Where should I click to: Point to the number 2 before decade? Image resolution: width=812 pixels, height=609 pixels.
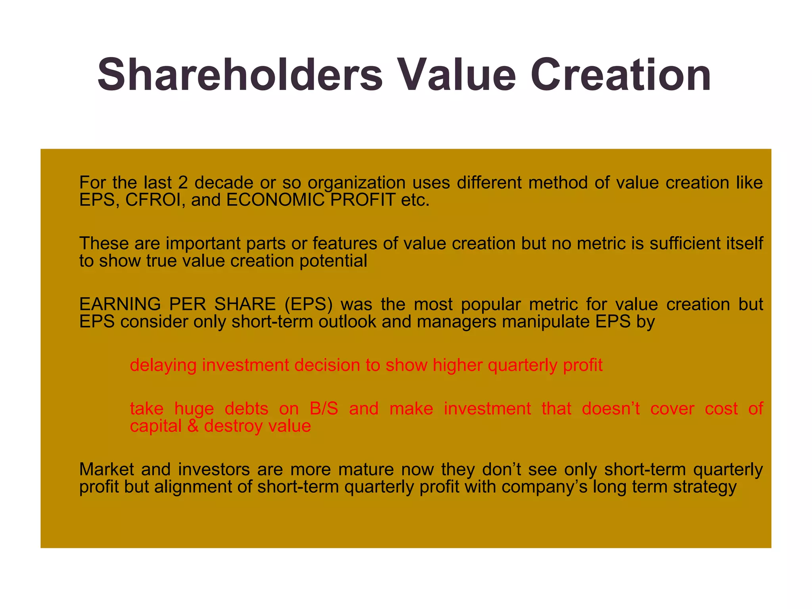183,183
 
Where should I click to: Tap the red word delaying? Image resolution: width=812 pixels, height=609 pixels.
163,365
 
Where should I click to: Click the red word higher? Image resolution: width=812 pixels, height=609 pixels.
458,365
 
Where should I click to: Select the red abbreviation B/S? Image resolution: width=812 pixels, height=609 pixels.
324,409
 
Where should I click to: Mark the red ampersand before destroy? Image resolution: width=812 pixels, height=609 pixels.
193,426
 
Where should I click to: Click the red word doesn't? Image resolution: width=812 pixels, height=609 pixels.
611,409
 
